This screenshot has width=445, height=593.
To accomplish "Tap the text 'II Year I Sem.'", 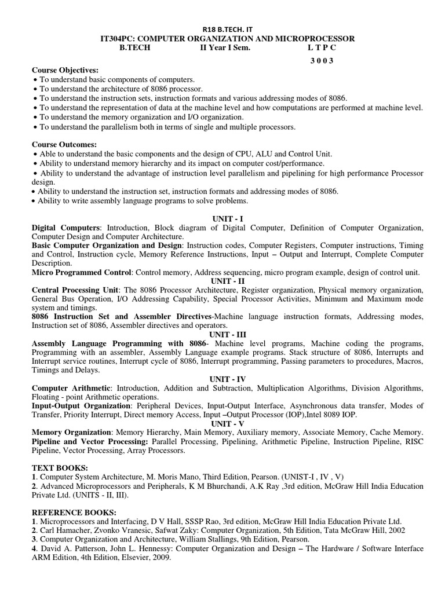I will point(225,48).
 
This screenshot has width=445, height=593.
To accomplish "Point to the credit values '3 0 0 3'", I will point(319,60).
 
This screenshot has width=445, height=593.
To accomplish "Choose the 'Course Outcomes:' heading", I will point(64,144).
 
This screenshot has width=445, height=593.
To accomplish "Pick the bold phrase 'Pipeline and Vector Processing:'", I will point(90,441).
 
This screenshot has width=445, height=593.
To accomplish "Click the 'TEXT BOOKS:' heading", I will point(60,467).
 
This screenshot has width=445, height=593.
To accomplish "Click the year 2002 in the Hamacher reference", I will point(396,530).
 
